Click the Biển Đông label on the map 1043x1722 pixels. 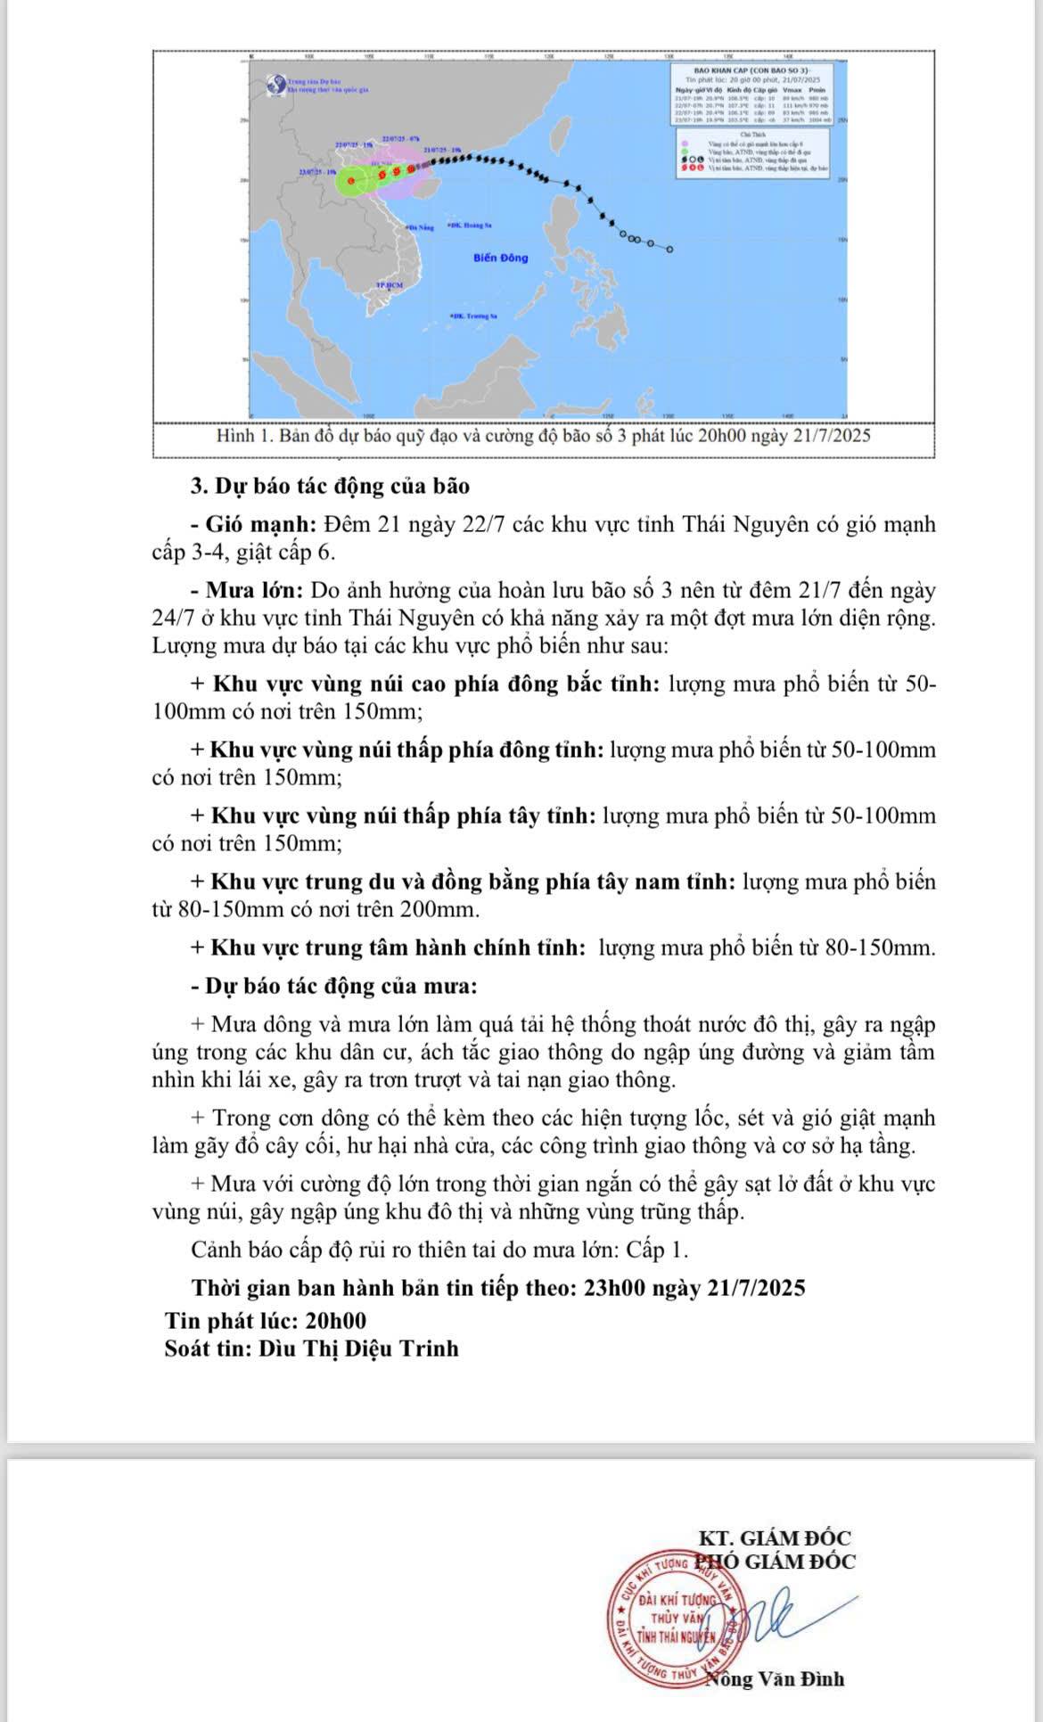coord(500,258)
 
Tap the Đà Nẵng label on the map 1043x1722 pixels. coord(420,228)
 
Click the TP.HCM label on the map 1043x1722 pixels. coord(390,284)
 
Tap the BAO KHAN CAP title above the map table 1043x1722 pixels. coord(751,68)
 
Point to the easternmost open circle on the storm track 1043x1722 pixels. coord(669,249)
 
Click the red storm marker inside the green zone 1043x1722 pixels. coord(351,181)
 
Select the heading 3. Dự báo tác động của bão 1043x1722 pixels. coord(330,486)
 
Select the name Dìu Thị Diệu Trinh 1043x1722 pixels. coord(358,1348)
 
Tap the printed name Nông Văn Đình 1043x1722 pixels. coord(775,1679)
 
